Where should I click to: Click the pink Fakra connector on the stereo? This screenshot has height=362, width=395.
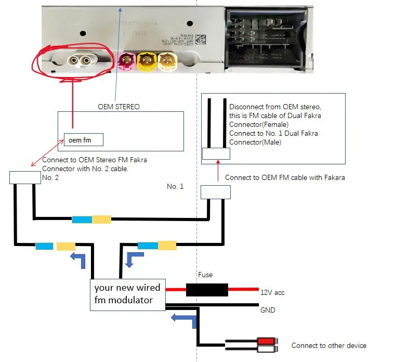coord(126,62)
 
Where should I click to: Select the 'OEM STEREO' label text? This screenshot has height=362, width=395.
coord(118,107)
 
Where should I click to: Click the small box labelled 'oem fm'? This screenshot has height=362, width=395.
coord(83,139)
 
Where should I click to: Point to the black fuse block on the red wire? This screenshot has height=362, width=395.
coord(206,290)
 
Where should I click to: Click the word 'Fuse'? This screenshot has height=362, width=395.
coord(205,275)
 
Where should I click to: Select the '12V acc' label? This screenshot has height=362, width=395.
coord(272,292)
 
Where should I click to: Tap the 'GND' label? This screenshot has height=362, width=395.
coord(267,310)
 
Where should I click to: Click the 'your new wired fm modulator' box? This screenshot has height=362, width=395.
coord(127,294)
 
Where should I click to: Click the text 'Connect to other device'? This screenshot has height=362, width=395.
coord(328,345)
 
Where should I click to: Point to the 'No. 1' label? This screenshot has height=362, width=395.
coord(175,186)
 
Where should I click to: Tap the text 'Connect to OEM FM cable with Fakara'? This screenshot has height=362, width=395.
coord(285,177)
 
